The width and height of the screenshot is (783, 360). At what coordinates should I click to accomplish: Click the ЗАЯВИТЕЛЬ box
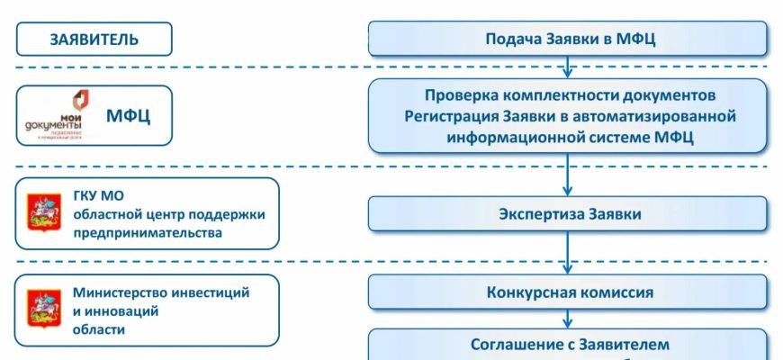point(94,40)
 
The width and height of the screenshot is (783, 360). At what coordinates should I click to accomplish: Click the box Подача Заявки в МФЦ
point(568,39)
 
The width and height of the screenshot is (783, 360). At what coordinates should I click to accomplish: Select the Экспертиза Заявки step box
point(568,214)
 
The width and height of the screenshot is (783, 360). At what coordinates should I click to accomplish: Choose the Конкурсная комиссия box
point(568,292)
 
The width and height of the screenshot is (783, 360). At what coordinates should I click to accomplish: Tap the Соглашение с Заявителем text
point(570,344)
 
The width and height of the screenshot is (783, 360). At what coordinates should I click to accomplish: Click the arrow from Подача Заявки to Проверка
point(568,67)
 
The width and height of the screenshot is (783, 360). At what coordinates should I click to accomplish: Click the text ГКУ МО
point(96,195)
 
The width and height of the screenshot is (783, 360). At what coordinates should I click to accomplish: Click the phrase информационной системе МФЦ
point(568,138)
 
